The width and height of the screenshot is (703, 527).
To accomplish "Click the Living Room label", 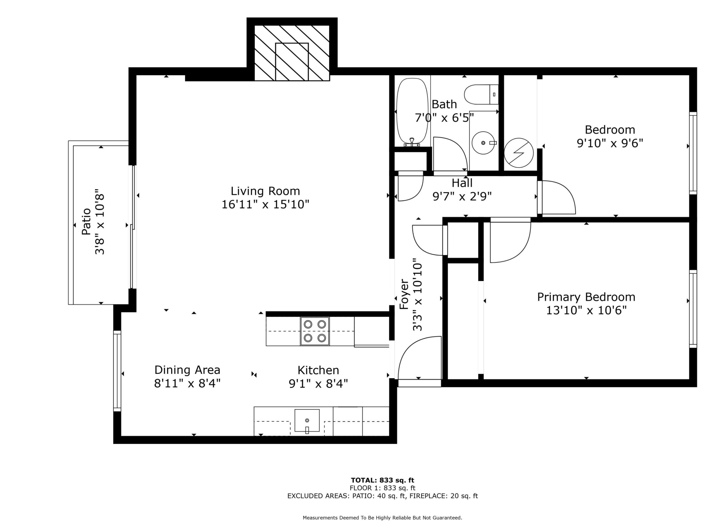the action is (x=265, y=191).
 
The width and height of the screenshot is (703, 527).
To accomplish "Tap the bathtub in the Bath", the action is (x=412, y=111).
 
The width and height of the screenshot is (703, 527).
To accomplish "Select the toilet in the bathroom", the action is (x=481, y=94).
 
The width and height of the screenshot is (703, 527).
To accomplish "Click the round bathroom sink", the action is (x=483, y=143).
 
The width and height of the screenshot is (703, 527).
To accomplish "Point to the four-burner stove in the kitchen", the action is (x=315, y=331).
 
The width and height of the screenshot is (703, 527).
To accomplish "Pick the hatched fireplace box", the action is (x=292, y=53).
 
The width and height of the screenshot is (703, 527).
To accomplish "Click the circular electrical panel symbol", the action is (x=519, y=153).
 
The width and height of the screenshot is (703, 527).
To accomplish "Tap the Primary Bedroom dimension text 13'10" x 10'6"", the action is (x=586, y=310).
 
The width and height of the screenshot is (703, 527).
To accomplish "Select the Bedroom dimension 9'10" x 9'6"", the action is (x=610, y=143).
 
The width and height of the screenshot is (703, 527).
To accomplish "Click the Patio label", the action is (x=86, y=221).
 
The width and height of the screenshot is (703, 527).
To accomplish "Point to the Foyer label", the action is (x=404, y=294).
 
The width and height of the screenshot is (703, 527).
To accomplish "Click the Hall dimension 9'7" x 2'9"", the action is (x=462, y=197).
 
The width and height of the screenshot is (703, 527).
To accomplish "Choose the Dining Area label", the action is (x=187, y=370).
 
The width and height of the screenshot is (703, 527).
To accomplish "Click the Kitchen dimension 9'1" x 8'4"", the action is (x=318, y=384).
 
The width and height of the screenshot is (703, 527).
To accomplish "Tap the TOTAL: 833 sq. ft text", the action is (x=382, y=480).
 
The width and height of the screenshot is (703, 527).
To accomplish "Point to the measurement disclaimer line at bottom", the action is (x=382, y=518).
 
